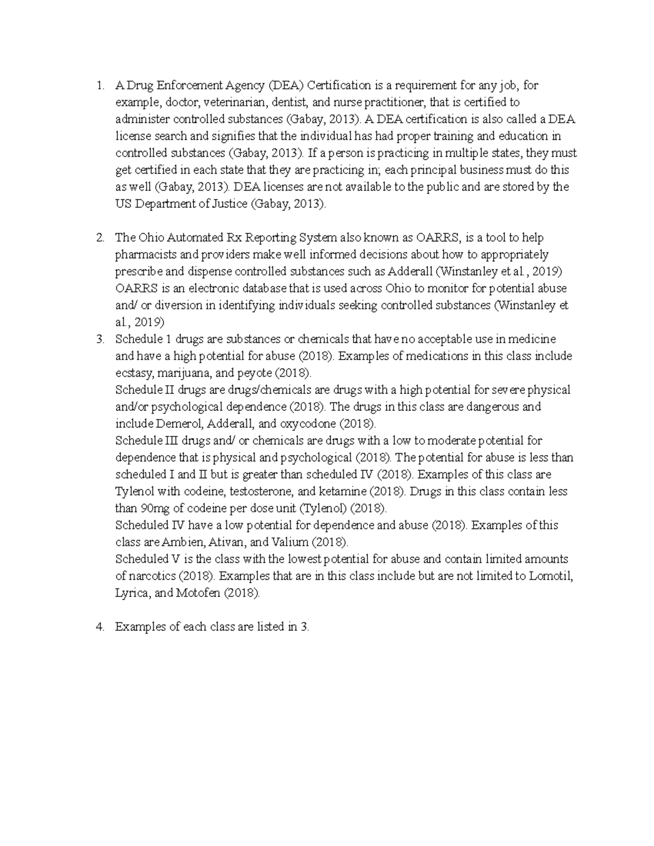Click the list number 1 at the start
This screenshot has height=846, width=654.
point(98,86)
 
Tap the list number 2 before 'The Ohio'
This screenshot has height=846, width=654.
point(99,238)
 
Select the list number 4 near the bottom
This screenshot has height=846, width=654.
point(99,627)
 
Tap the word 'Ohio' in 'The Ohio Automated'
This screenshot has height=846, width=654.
point(151,238)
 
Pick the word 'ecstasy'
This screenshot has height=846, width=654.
point(134,374)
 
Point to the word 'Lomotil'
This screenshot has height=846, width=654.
point(550,576)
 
